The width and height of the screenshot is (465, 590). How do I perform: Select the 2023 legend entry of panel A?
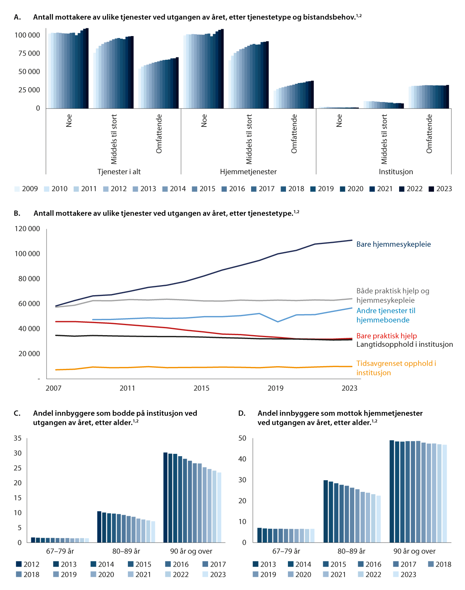(440, 189)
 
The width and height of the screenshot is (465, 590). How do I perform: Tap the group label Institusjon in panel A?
(396, 172)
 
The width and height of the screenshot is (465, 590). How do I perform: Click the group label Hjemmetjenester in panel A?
(248, 172)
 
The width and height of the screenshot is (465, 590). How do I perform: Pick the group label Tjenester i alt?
(119, 172)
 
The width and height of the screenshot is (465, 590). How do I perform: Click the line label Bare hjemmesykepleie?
(393, 244)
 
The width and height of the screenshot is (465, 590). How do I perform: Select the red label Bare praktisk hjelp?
(386, 336)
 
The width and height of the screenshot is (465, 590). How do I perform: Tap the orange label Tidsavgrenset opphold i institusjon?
(396, 368)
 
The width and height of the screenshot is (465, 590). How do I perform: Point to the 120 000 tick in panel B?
(27, 229)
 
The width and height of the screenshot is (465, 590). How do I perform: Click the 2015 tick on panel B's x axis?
(201, 388)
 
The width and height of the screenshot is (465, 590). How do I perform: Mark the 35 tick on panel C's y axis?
(18, 438)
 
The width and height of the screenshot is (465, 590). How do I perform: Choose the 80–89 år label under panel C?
(126, 551)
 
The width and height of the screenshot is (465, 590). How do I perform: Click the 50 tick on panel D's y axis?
(242, 438)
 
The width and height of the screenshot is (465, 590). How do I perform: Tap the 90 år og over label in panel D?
(414, 551)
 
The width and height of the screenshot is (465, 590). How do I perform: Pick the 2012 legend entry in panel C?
(28, 564)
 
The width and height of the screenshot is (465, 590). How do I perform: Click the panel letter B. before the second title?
(17, 213)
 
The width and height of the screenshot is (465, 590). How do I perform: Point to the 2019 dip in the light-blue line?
(277, 322)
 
